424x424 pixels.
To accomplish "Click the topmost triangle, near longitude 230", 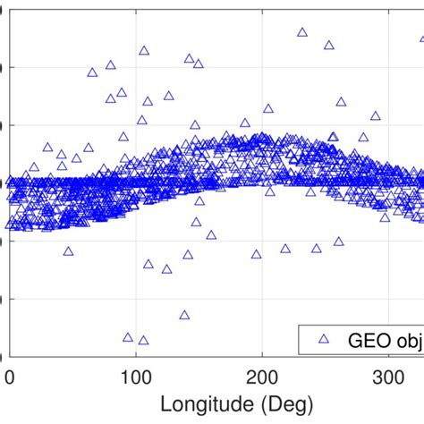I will tap(301, 32).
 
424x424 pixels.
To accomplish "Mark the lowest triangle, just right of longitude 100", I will tap(143, 341).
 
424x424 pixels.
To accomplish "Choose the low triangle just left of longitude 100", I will tap(128, 337).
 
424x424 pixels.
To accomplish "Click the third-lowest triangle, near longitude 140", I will tap(184, 315).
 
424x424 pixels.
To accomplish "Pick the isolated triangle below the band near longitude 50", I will tap(68, 251).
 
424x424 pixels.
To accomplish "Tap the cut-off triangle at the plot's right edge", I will tap(421, 39).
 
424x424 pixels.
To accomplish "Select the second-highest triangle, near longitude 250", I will tap(328, 45).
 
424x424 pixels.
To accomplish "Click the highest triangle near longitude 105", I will tap(143, 51).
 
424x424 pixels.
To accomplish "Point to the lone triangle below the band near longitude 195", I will tap(256, 254).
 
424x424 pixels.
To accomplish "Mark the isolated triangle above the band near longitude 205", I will tap(267, 108).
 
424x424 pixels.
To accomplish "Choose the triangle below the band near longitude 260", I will tap(338, 241).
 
